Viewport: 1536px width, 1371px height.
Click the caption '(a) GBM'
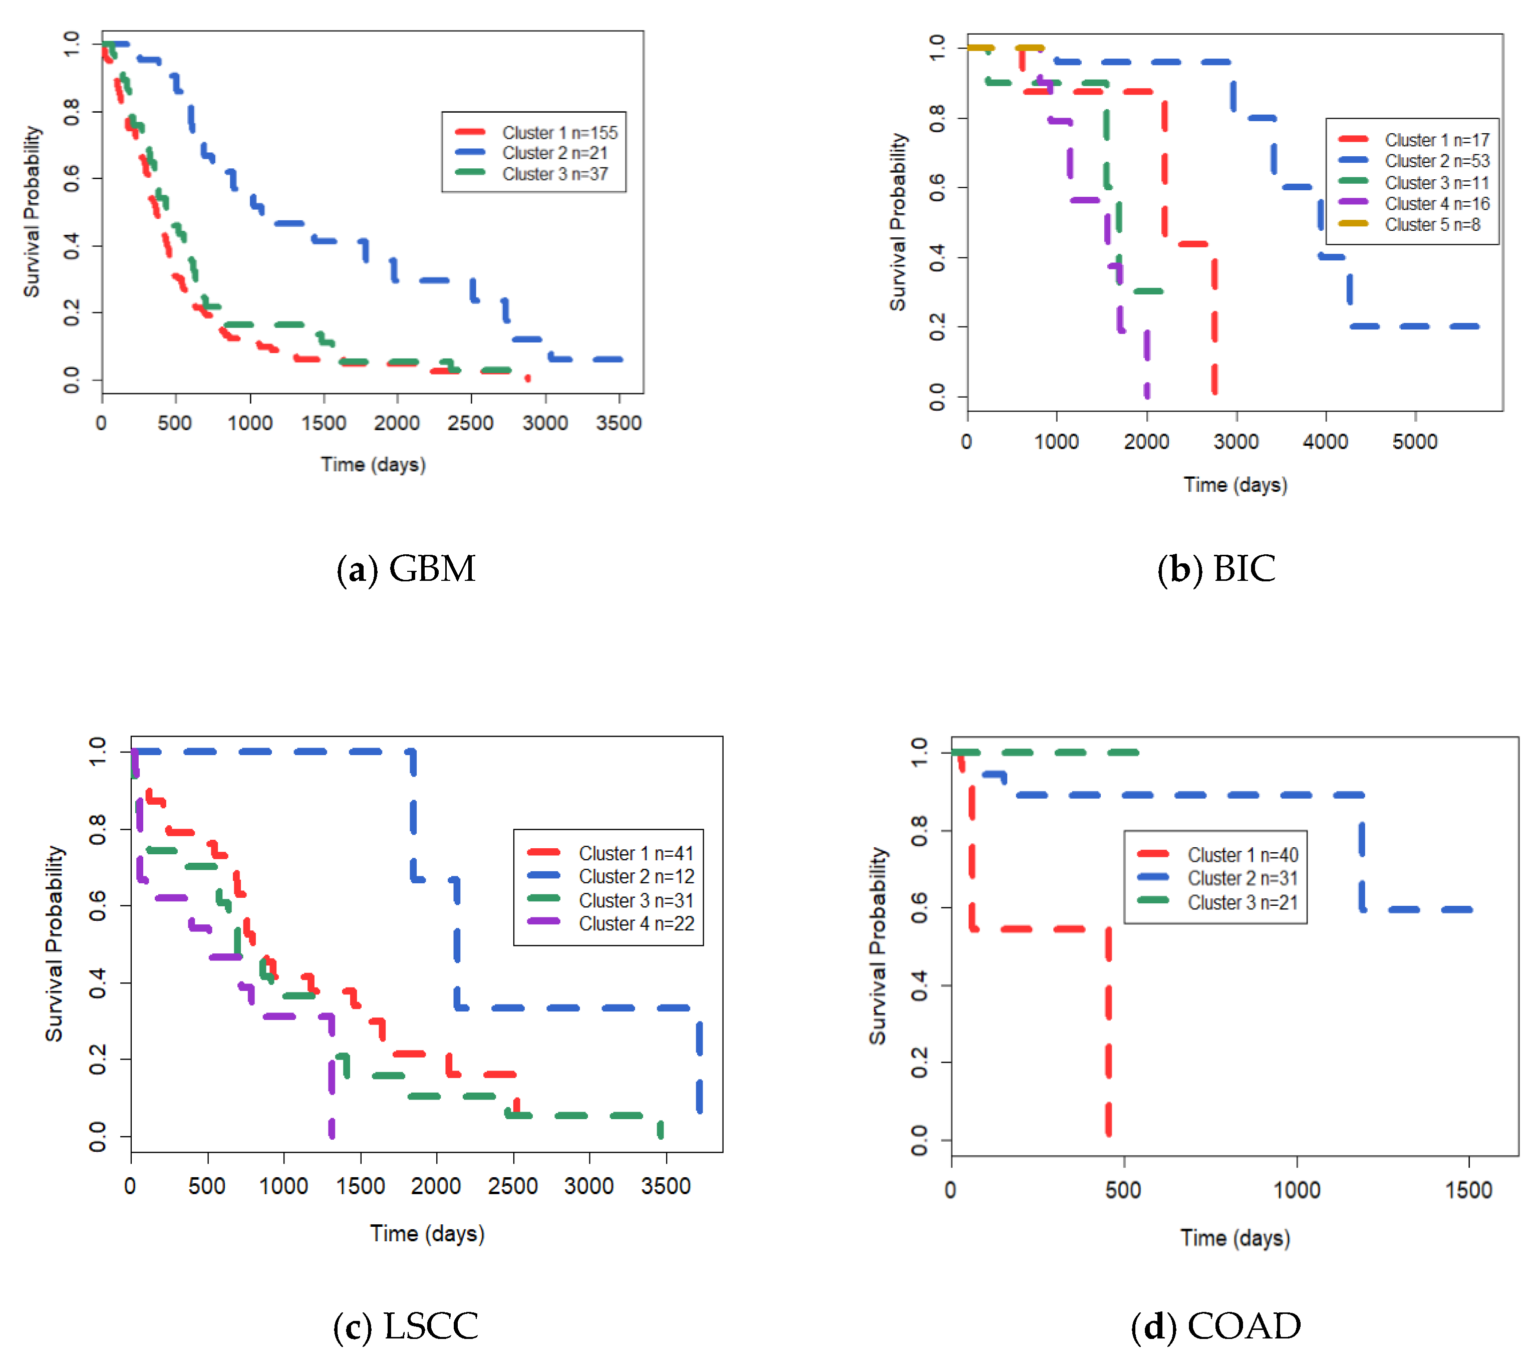click(406, 569)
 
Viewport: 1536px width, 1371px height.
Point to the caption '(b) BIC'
click(1216, 569)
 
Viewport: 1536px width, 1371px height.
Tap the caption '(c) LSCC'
click(406, 1326)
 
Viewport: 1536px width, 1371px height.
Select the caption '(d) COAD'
click(1216, 1326)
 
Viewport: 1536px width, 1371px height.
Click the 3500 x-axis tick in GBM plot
click(619, 423)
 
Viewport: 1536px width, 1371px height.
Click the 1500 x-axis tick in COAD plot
click(1468, 1190)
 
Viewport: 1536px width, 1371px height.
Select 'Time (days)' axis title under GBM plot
click(373, 464)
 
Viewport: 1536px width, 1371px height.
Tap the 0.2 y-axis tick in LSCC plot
click(97, 1059)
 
